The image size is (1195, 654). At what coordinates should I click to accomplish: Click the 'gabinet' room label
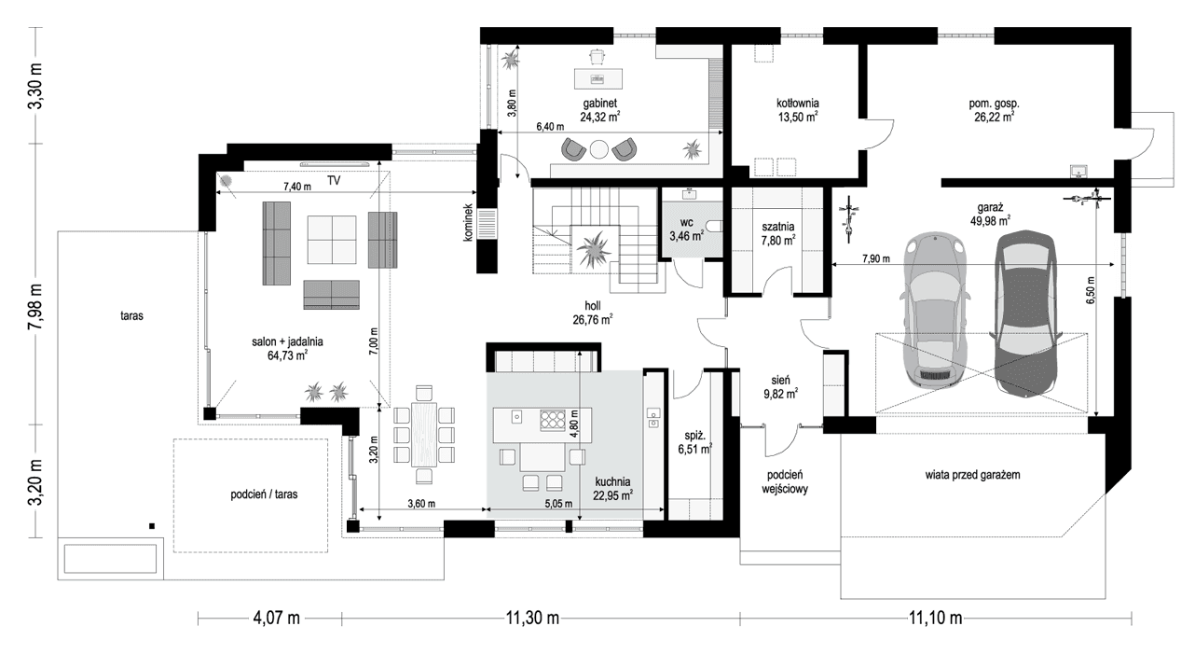(600, 103)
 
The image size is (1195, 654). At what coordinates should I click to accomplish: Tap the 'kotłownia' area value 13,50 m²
(797, 118)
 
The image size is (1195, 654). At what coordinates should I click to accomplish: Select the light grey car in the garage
(934, 309)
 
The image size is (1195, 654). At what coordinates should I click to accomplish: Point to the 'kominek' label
(469, 224)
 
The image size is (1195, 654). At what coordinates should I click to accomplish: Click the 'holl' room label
(592, 305)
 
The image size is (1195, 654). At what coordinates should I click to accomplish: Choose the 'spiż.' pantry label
(690, 435)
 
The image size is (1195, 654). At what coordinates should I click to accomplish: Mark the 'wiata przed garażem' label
(973, 475)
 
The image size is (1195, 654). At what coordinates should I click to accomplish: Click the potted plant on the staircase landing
(593, 249)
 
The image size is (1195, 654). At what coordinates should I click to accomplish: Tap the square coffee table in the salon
(331, 240)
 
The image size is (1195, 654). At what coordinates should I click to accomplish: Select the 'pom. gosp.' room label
(994, 103)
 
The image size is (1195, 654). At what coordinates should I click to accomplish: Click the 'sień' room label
(780, 380)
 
